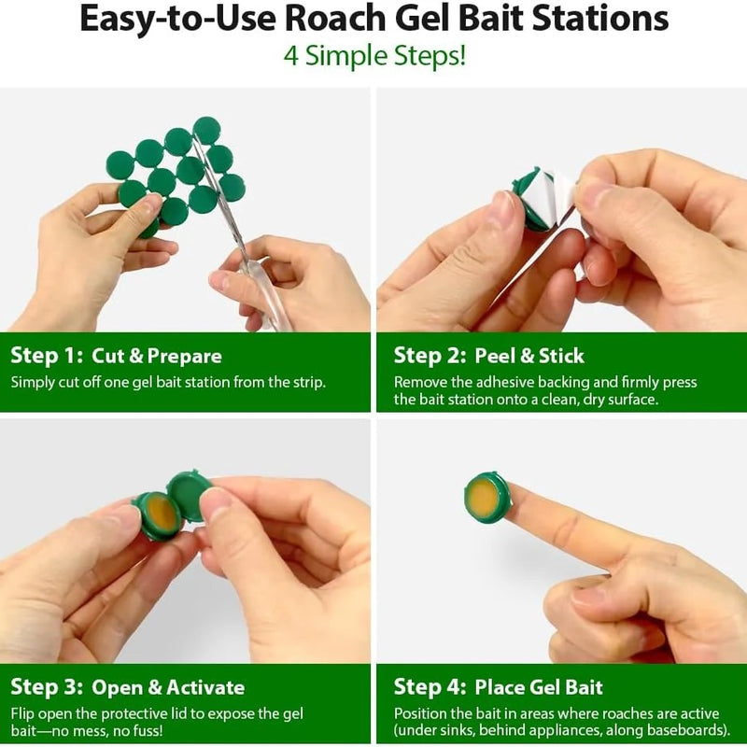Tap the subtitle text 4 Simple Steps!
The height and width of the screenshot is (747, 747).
374,56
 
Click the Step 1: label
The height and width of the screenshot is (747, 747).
47,356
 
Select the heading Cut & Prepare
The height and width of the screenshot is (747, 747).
157,356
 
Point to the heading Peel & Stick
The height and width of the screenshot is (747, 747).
529,356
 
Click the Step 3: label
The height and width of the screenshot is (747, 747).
47,687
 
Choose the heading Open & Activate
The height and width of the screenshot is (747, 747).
168,687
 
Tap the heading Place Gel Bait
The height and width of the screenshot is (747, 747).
539,687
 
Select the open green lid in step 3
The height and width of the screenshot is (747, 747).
189,496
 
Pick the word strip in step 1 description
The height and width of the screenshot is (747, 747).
307,383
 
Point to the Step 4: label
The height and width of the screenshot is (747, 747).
430,687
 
